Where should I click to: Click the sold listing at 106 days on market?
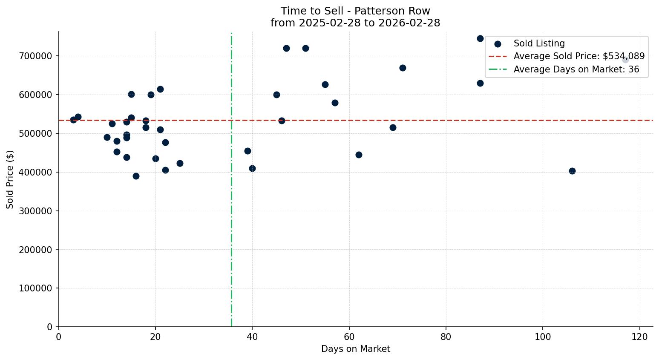coord(572,171)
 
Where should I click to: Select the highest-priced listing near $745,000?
coord(480,38)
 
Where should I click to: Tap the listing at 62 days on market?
coord(359,155)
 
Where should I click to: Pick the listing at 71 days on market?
coord(403,68)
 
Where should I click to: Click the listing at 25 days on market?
coord(180,163)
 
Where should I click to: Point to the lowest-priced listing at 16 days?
coord(136,176)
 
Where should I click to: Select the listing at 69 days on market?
coord(393,127)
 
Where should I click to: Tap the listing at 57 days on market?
coord(335,103)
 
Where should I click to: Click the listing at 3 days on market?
coord(73,120)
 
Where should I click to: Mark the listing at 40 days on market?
coord(252,168)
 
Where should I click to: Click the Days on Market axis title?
coord(356,349)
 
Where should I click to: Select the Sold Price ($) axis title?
coord(10,179)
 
